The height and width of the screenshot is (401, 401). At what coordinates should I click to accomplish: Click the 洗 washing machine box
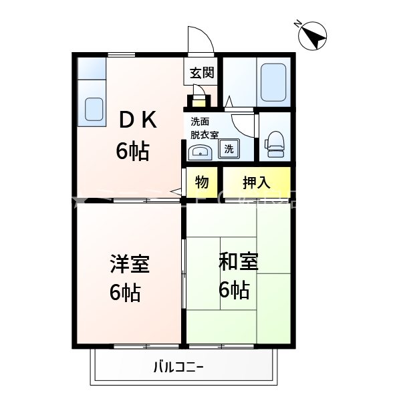tap(229, 148)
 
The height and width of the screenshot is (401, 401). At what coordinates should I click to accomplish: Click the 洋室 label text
tap(129, 265)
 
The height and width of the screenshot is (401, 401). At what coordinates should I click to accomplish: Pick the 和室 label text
tap(238, 262)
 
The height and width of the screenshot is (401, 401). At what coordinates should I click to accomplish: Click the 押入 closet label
tap(257, 182)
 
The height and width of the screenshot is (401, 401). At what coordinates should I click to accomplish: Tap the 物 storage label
tap(203, 182)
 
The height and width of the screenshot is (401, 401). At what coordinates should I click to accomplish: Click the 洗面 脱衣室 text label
tap(204, 128)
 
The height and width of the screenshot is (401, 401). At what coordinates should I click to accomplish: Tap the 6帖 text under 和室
tap(234, 290)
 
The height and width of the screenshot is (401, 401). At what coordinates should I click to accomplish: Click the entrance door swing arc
tap(200, 40)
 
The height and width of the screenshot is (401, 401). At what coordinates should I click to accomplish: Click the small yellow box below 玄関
tap(199, 103)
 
